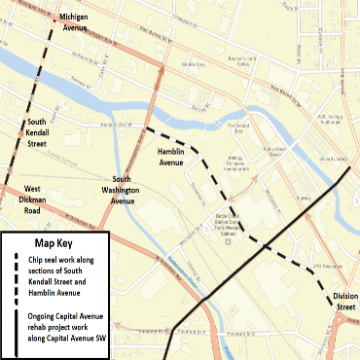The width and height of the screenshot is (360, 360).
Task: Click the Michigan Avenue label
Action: [83, 23]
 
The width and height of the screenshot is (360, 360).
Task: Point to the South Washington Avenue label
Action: [135, 190]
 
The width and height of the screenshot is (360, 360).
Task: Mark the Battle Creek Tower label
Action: [275, 152]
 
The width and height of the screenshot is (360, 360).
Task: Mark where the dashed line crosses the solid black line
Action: [257, 240]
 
